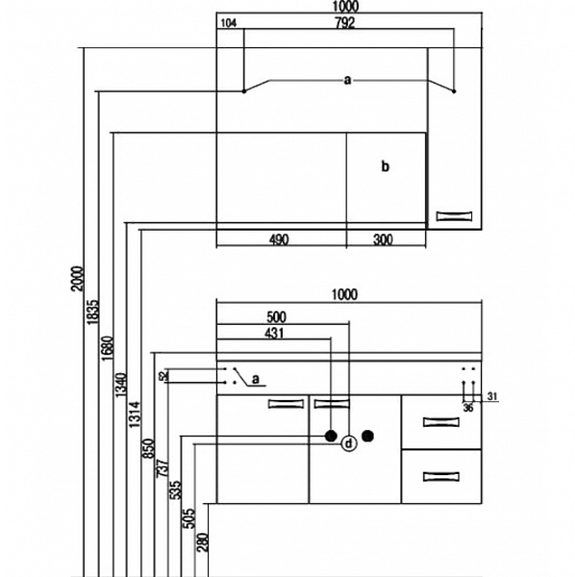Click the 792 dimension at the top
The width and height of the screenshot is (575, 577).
345,23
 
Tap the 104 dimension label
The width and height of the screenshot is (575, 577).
229,23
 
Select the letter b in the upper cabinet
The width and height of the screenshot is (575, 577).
385,166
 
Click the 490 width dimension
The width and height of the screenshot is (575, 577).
279,239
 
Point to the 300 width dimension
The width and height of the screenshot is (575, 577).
383,239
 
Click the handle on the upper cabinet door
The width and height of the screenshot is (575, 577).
455,216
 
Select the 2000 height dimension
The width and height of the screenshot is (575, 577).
78,279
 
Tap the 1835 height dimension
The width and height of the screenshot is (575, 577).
92,312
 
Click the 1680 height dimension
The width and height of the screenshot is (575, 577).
107,348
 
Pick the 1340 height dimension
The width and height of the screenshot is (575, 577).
121,385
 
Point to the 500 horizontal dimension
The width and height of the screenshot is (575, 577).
276,316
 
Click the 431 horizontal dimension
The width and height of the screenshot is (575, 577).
274,333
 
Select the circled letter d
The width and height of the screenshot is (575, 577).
349,443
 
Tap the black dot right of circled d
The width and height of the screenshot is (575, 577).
368,436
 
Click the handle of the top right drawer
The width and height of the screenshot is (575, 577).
441,422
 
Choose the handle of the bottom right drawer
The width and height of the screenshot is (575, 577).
441,477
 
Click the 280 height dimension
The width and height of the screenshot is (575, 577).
203,542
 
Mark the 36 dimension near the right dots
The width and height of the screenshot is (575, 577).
468,408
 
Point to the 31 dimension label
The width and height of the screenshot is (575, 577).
492,396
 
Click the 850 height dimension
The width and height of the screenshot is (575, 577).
148,448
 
